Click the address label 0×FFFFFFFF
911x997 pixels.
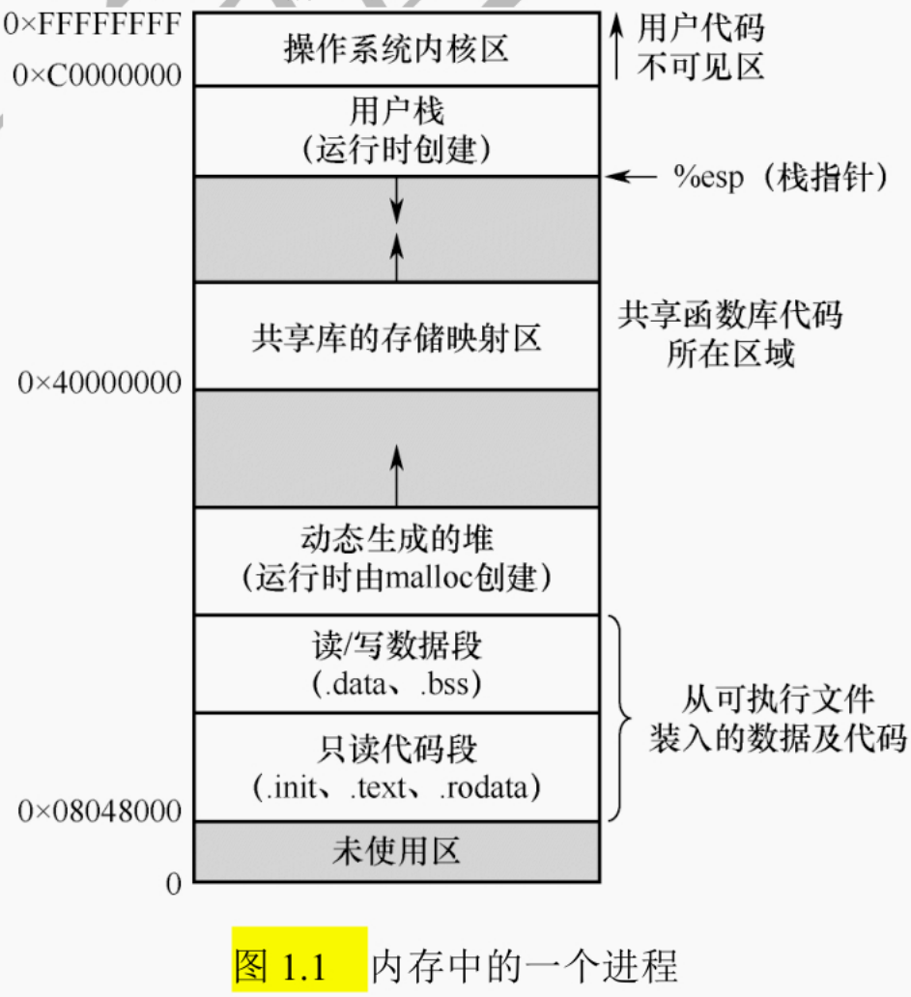93,23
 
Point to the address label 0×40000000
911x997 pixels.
100,384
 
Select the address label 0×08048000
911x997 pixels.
100,812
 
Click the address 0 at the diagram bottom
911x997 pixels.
174,883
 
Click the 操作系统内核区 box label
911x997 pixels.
396,48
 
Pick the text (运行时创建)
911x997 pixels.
396,149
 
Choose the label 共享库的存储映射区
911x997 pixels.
396,339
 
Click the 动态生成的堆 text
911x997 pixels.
396,539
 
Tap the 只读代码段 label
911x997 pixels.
396,748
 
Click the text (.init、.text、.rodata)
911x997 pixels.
396,788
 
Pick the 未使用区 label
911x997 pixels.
396,851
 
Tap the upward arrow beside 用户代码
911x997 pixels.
617,48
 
